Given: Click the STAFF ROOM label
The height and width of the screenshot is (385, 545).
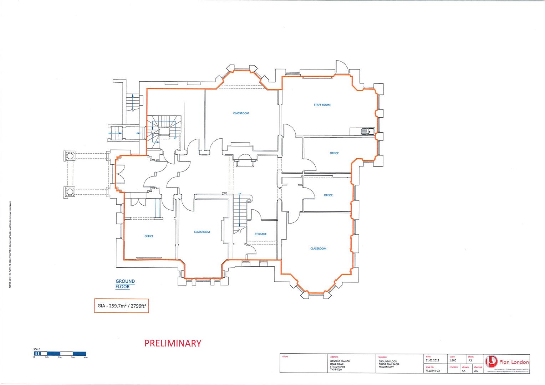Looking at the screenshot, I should [x=322, y=105].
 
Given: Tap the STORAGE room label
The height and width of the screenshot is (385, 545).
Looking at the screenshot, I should [x=260, y=234].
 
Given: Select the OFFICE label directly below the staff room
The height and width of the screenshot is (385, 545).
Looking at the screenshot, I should [x=334, y=153].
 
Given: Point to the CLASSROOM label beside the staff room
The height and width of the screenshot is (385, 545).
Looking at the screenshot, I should [x=241, y=113].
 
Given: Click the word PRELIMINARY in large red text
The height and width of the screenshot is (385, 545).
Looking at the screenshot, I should [x=173, y=343].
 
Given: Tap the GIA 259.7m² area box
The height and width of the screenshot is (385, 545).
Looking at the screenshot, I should [x=121, y=306].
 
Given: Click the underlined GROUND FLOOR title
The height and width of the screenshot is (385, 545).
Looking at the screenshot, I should [x=125, y=284].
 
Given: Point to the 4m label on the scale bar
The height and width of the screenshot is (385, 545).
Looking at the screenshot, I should [x=85, y=357].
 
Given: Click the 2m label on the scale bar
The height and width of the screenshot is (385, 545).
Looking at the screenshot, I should [x=60, y=357].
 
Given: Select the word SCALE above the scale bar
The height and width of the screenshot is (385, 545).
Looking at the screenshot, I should [x=37, y=349].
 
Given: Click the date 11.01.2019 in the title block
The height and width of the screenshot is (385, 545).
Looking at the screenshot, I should [x=432, y=360].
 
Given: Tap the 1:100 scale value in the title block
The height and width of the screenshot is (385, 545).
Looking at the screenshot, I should [x=453, y=360].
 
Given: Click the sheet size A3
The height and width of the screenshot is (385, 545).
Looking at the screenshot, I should [x=470, y=360].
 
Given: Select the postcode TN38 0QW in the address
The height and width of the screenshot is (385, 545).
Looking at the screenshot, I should [x=337, y=370].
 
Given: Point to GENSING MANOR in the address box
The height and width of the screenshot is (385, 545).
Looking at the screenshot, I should [x=340, y=361].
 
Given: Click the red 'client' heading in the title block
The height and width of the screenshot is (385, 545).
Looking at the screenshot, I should [x=285, y=356].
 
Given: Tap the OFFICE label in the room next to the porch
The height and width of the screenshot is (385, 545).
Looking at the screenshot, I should [x=149, y=236].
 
